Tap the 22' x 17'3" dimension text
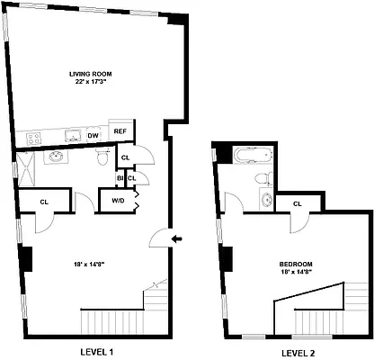coord(92,82)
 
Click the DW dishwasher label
coord(93,137)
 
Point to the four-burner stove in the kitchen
coord(35,138)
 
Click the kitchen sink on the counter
coord(71,138)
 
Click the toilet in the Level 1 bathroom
coord(102,157)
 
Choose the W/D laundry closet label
coord(118,200)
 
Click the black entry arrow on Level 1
coord(177,238)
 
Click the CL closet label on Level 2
coord(298,204)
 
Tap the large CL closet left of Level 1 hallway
coord(43,201)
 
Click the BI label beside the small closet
coord(120,178)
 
